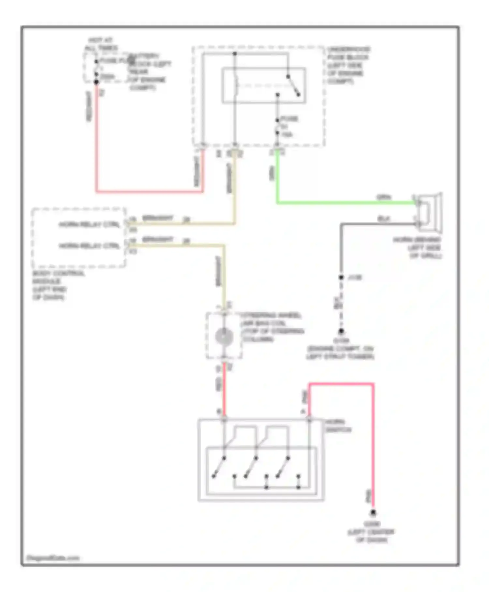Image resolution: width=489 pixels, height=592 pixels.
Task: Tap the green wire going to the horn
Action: coord(342,203)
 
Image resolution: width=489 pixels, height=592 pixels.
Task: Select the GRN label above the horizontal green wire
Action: coord(384,197)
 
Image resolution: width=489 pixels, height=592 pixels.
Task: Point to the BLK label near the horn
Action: coord(384,219)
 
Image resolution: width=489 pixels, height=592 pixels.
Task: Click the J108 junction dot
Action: coord(341,277)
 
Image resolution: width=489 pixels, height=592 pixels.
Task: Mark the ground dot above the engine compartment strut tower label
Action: coord(341,331)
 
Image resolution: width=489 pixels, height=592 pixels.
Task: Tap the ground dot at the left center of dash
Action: coord(373,513)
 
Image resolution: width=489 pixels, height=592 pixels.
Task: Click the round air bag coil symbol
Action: coord(224,336)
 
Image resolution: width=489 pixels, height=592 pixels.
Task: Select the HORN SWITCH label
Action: coord(338,426)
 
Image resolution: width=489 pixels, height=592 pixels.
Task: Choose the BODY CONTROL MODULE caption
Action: coord(58,285)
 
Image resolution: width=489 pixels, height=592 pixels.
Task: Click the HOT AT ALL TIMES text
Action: coord(101,44)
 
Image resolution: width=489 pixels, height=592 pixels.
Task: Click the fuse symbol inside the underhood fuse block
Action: coord(277,126)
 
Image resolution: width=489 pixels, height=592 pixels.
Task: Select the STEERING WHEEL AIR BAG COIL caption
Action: coord(272,327)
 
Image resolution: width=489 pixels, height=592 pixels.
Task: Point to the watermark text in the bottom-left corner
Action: coord(52,558)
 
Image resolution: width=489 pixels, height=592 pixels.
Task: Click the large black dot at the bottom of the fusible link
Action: coord(96,82)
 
